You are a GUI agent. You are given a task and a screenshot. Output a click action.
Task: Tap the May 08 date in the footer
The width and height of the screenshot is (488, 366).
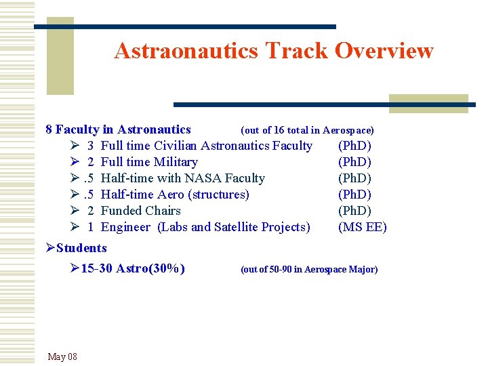click(62, 357)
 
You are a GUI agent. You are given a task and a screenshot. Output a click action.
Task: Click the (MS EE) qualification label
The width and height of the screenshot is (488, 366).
click(362, 227)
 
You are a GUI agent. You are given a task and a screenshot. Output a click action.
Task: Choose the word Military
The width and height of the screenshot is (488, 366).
click(176, 162)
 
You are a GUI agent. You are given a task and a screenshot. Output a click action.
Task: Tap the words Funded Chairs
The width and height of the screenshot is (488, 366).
click(141, 211)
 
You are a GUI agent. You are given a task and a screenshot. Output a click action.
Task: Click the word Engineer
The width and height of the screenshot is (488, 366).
click(125, 227)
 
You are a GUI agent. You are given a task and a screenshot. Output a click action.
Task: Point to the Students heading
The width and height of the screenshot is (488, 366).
click(81, 248)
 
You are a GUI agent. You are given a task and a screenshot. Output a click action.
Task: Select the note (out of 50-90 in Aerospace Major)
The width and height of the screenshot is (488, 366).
click(309, 269)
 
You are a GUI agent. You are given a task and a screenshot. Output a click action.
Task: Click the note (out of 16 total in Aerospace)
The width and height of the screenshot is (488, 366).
click(307, 129)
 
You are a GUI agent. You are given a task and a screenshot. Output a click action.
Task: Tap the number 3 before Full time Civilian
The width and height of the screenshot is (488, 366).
click(90, 146)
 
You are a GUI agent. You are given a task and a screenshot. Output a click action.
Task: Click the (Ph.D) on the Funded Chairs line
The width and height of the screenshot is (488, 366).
click(354, 211)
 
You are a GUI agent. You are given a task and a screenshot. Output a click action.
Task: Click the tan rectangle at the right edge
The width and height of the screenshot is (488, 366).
click(428, 103)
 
